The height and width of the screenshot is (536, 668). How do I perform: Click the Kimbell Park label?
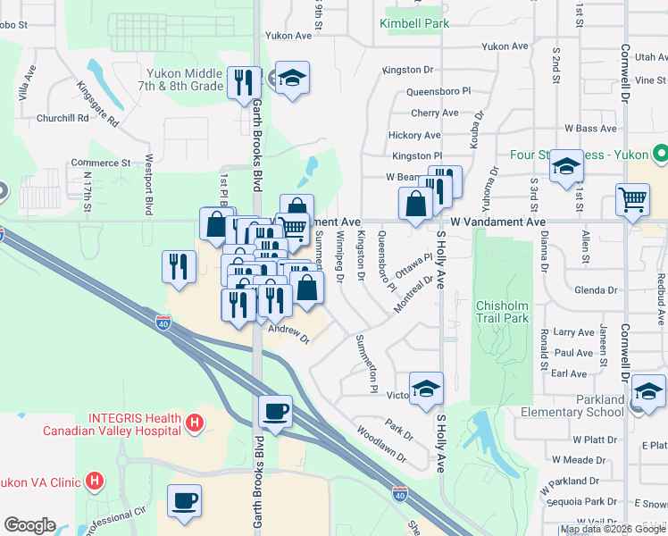click(414, 23)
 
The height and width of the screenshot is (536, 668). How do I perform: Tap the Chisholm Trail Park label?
click(502, 311)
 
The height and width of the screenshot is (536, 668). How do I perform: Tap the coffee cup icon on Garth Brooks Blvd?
click(275, 412)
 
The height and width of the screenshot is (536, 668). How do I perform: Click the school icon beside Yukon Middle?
click(291, 79)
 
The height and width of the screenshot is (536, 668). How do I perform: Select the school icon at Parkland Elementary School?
click(648, 392)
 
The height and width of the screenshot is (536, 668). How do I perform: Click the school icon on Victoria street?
click(427, 389)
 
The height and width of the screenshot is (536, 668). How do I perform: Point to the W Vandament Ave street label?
click(497, 221)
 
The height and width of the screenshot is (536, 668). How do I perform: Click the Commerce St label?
click(102, 163)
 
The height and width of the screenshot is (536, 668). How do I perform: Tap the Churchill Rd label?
click(63, 117)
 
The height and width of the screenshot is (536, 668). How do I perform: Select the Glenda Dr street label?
click(597, 290)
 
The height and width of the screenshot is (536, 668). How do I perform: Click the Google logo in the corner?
click(29, 525)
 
